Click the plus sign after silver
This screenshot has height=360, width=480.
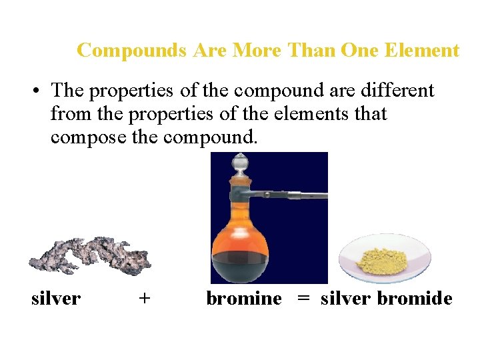click(144, 299)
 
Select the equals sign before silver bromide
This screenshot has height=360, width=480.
click(303, 299)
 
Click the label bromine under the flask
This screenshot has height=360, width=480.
click(244, 299)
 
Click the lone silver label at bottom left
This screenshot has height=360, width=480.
click(56, 299)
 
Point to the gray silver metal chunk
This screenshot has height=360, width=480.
click(90, 255)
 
